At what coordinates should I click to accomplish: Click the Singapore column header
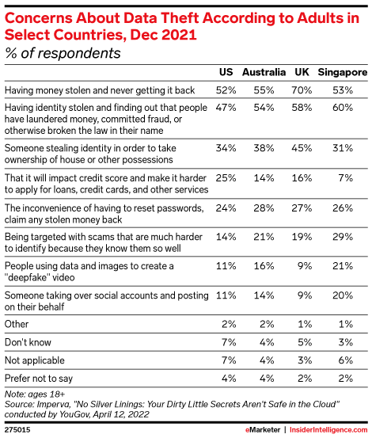coord(343,72)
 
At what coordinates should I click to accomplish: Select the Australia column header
coord(264,72)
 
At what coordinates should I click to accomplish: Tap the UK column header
coord(302,72)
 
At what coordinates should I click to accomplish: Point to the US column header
coord(226,72)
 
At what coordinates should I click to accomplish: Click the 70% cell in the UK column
coord(302,90)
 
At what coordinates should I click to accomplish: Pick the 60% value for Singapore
coord(343,107)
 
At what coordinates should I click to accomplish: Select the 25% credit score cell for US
coord(226,177)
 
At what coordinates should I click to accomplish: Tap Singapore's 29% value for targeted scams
coord(343,237)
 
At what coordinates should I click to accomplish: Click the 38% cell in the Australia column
coord(264,148)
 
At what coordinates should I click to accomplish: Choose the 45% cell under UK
coord(302,148)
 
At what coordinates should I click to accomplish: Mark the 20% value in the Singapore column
coord(343,295)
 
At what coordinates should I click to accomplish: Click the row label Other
coord(17,324)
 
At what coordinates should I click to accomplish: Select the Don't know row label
coord(28,342)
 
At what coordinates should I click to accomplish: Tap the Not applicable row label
coord(35,360)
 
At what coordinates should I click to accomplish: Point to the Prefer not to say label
coord(39,379)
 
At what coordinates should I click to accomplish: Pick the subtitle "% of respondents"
coord(63,53)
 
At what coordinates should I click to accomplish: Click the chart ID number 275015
coord(17,429)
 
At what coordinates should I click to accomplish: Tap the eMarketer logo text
coord(263,429)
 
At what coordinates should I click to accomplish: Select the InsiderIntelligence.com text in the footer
coord(328,429)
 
